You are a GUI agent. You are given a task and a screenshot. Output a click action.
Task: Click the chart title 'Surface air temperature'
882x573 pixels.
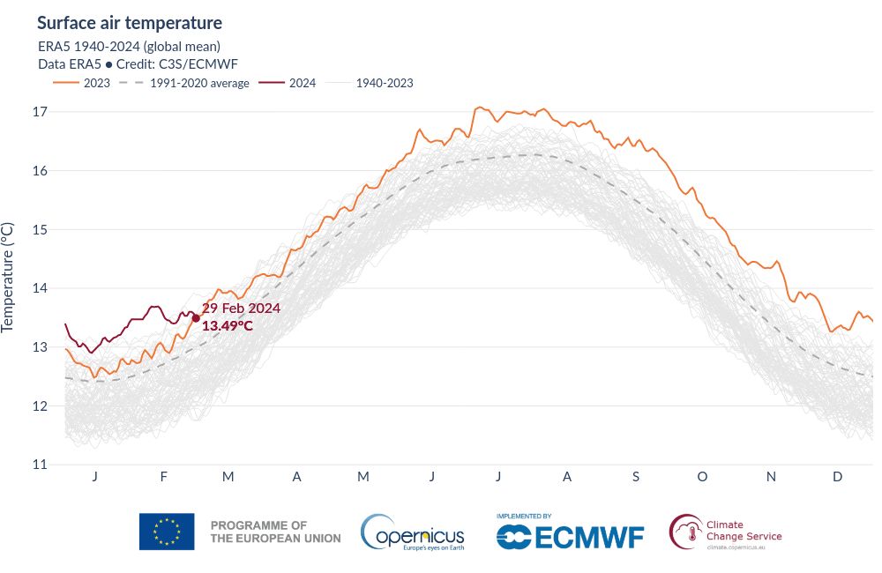[130, 23]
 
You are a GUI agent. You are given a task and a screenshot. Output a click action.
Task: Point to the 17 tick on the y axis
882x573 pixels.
[39, 112]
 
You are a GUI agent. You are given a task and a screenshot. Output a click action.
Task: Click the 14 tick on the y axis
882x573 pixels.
[39, 288]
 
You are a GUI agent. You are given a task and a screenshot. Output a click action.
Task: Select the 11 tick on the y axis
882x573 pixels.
[39, 465]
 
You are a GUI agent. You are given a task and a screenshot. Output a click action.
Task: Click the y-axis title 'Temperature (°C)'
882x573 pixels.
[9, 276]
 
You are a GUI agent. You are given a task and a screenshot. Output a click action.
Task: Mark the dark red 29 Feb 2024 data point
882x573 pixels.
[196, 318]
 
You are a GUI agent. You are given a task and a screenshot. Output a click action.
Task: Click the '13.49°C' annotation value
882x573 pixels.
[228, 326]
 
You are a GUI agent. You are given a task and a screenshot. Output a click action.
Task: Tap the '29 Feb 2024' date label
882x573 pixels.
[241, 309]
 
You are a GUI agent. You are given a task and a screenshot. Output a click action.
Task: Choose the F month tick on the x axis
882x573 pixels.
[163, 477]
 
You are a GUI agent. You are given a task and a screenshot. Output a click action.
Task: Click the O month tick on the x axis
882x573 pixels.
[702, 477]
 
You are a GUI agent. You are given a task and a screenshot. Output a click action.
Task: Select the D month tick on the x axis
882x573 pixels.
[838, 477]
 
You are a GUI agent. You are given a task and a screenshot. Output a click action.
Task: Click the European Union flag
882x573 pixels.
[167, 531]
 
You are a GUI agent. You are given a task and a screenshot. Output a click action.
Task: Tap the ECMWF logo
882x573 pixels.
[570, 534]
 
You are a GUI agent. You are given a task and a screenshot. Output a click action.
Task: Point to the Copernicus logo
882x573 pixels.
[412, 532]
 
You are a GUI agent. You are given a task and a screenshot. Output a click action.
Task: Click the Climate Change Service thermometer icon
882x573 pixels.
[685, 531]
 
